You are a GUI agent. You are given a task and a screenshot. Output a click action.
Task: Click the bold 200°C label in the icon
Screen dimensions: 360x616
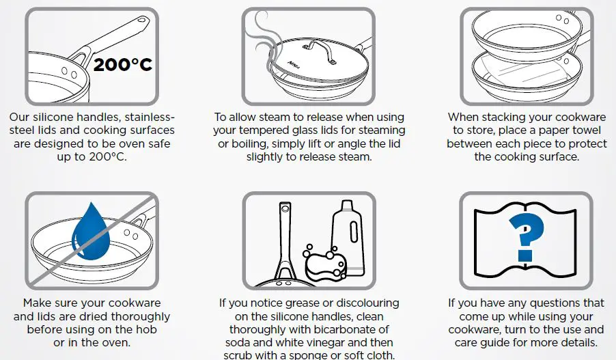[123, 65]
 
